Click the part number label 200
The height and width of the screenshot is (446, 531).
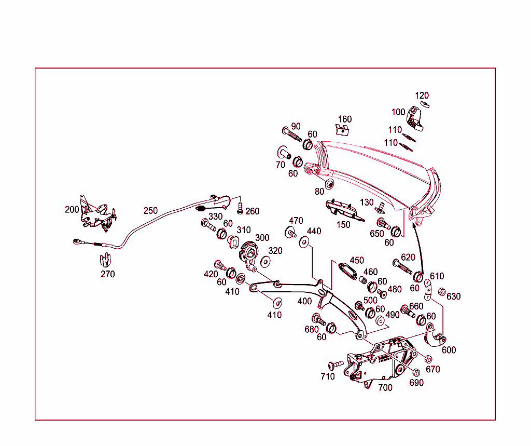pos(72,210)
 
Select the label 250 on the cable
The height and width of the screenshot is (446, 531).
pos(150,211)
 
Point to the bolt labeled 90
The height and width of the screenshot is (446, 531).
pos(291,134)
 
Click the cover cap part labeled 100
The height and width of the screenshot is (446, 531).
pos(415,118)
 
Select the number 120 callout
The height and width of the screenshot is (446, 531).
pos(422,96)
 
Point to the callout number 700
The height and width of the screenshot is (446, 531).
pos(385,387)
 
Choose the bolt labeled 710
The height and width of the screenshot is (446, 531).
pos(336,366)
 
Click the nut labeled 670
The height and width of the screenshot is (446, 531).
pos(428,359)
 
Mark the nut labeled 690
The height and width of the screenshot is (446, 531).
pos(416,373)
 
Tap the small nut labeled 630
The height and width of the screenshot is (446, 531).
pos(442,292)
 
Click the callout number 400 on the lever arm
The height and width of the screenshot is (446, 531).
pos(305,301)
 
